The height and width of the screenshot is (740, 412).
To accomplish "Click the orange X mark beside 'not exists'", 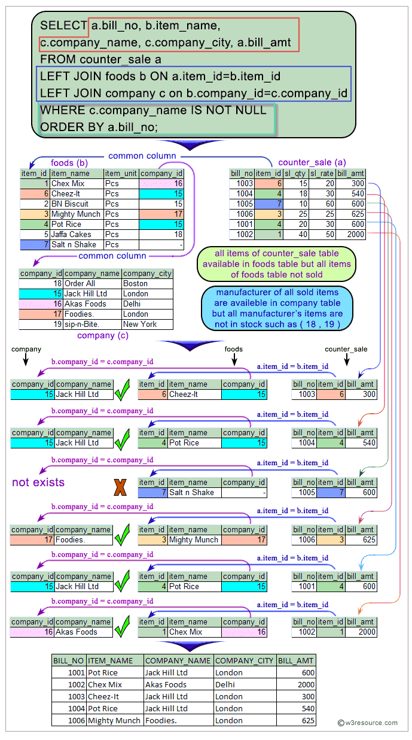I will tap(120, 488).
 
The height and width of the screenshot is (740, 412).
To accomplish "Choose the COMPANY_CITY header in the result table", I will tap(245, 660).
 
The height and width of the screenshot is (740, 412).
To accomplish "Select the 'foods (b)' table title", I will tap(69, 163).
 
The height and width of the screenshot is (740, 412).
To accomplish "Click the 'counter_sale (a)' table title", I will tap(312, 163).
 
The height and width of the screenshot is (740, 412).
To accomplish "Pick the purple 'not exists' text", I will tap(38, 482).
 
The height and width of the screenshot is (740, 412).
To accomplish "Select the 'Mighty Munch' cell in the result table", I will tap(114, 720).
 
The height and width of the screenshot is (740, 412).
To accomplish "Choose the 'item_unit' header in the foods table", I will tap(121, 173).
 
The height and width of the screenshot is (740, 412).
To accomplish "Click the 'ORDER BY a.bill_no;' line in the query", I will tap(99, 126).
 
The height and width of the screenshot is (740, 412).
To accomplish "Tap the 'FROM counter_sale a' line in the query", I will tap(100, 59).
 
